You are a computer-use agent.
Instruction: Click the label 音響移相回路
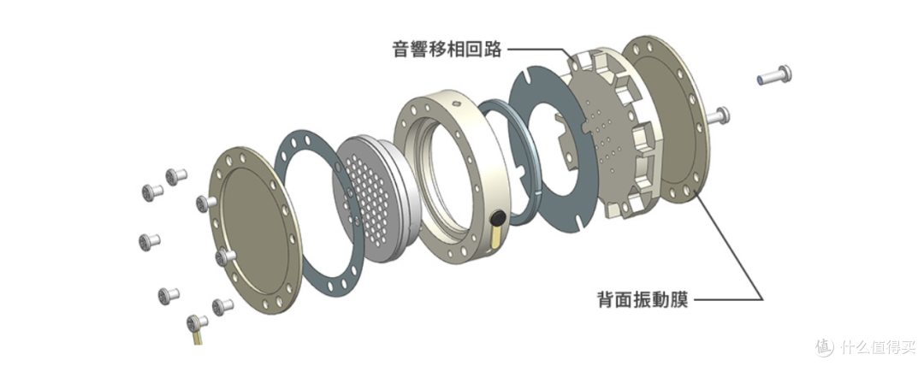(447, 49)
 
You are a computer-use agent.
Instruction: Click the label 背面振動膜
(643, 298)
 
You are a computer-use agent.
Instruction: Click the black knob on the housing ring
(498, 219)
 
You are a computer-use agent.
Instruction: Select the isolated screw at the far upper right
(774, 75)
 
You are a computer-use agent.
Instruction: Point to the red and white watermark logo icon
(825, 346)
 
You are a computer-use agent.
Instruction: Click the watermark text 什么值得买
(878, 346)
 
